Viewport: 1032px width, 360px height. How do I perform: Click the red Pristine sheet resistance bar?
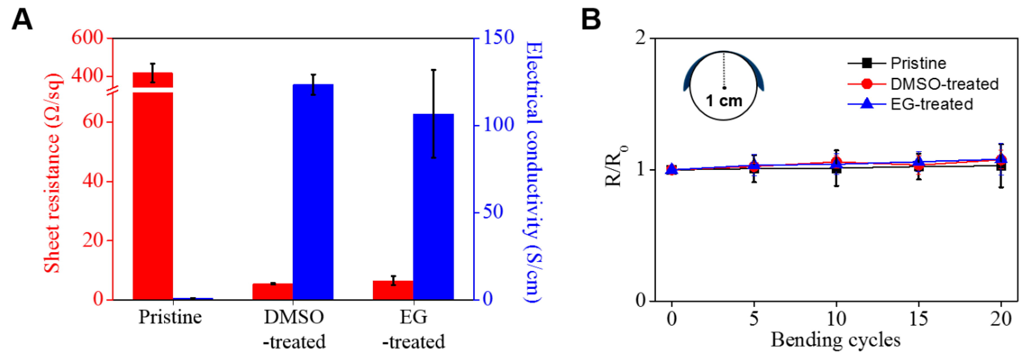pyautogui.click(x=153, y=192)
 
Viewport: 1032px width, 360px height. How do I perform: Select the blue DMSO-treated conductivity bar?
pyautogui.click(x=313, y=192)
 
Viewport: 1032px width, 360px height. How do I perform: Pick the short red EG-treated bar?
pyautogui.click(x=393, y=290)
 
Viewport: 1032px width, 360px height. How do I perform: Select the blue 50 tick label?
pyautogui.click(x=493, y=212)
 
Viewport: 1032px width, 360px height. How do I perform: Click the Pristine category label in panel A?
pyautogui.click(x=170, y=317)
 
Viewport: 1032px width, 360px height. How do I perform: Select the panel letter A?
pyautogui.click(x=22, y=19)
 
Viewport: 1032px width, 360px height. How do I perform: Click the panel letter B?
pyautogui.click(x=591, y=19)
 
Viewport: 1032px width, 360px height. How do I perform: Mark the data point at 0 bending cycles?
pyautogui.click(x=672, y=169)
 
